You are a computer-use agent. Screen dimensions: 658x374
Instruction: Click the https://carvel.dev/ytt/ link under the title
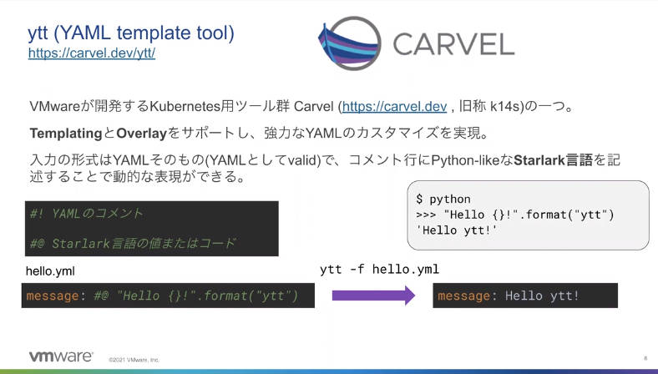(x=92, y=53)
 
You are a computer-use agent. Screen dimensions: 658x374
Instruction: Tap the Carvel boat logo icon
(x=350, y=43)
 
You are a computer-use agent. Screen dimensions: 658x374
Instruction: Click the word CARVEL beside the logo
(x=453, y=44)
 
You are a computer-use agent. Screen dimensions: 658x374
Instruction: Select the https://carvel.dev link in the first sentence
(x=394, y=107)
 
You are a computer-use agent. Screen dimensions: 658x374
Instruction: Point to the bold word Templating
(x=66, y=134)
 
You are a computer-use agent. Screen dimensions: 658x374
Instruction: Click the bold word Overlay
(x=142, y=134)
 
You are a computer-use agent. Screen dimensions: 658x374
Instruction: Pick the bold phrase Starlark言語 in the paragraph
(x=553, y=160)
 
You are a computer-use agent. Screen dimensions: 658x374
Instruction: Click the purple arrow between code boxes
(x=373, y=296)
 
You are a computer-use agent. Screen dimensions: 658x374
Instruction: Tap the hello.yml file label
(x=50, y=271)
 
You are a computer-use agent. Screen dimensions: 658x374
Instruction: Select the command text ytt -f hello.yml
(x=379, y=269)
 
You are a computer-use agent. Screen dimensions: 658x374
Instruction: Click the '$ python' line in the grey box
(x=443, y=199)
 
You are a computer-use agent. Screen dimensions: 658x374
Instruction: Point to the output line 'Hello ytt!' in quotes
(x=457, y=230)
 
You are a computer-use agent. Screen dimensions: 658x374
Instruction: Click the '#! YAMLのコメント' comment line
(x=87, y=214)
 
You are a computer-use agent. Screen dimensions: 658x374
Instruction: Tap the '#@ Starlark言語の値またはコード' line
(x=133, y=243)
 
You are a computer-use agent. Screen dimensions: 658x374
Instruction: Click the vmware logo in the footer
(x=61, y=356)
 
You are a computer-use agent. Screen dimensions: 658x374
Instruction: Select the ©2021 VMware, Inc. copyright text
(x=134, y=360)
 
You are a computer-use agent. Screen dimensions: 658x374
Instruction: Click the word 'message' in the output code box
(x=463, y=296)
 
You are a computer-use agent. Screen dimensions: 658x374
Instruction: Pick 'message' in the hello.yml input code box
(x=53, y=296)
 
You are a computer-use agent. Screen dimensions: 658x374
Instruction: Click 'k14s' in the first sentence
(x=505, y=107)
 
